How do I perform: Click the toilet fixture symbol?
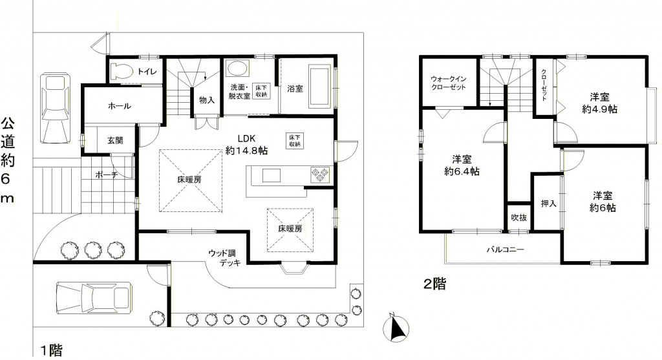click(x=121, y=70)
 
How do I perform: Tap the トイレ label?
click(x=147, y=71)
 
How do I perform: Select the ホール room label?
click(x=120, y=106)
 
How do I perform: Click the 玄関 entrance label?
click(x=115, y=140)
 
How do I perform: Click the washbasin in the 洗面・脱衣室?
click(x=237, y=69)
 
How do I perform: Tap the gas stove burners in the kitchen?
click(x=320, y=175)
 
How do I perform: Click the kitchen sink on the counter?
click(x=272, y=175)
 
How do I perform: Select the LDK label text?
click(x=247, y=138)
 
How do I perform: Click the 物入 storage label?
click(x=207, y=100)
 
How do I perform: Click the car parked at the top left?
click(x=56, y=109)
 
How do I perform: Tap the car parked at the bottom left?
click(x=93, y=297)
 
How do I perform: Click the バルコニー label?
click(x=506, y=249)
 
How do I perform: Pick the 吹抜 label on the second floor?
click(x=518, y=218)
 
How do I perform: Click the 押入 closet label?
click(x=548, y=204)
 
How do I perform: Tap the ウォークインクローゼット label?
click(x=449, y=83)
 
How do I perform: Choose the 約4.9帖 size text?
click(x=599, y=109)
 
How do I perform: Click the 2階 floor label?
click(x=435, y=284)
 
